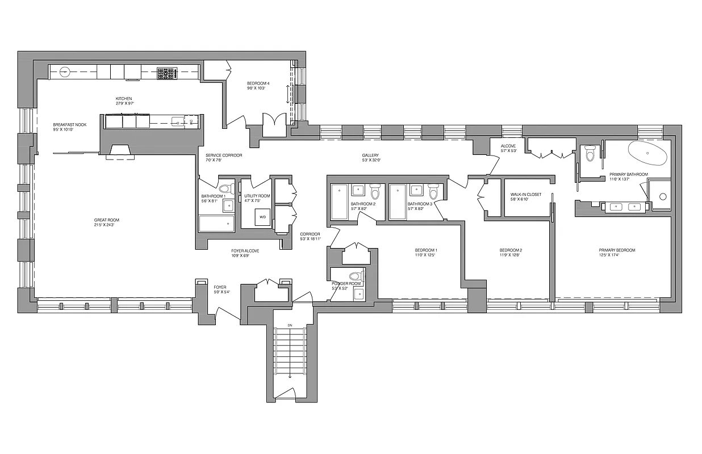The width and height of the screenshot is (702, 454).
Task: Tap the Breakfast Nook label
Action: click(69, 125)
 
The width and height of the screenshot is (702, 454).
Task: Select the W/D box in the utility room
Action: click(262, 217)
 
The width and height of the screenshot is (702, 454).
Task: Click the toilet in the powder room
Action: click(356, 277)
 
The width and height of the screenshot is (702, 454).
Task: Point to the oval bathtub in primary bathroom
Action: click(649, 153)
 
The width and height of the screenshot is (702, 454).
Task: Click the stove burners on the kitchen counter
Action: click(167, 73)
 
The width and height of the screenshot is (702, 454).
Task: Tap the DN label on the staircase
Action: click(290, 326)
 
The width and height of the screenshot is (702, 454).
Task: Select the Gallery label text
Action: click(370, 155)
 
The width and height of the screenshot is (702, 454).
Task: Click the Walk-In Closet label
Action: click(525, 195)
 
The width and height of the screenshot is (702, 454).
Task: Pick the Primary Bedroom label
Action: click(617, 250)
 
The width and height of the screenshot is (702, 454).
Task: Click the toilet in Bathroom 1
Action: click(224, 190)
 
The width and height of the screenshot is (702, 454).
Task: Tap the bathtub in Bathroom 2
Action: click(340, 201)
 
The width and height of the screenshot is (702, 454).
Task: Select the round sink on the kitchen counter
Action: click(65, 72)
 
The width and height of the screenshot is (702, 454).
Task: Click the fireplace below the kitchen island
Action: click(119, 150)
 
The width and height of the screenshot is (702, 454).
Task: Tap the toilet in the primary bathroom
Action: click(590, 153)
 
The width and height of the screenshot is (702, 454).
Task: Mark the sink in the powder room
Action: click(358, 293)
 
